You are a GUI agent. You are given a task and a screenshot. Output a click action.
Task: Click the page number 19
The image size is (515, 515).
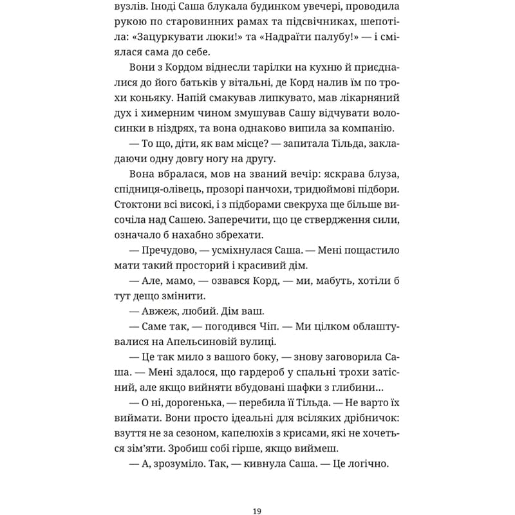[257, 494]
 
